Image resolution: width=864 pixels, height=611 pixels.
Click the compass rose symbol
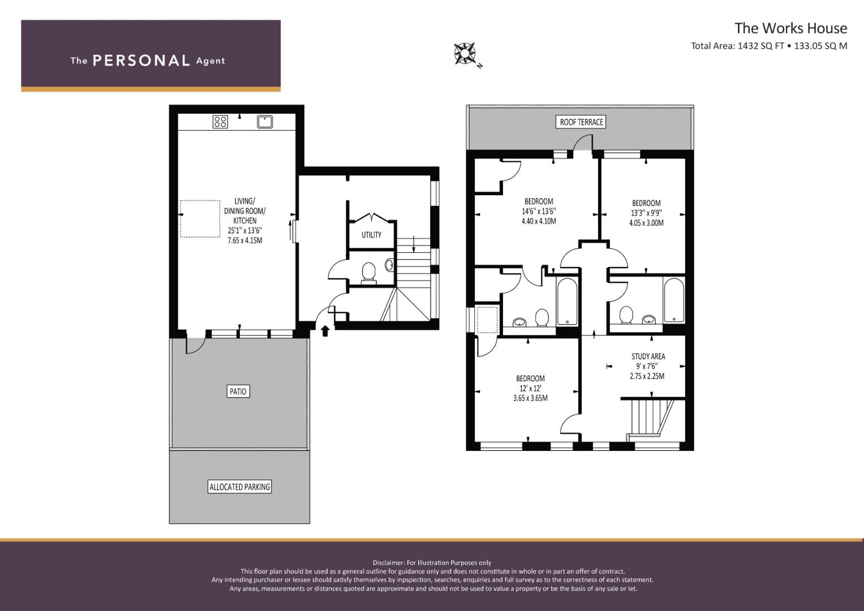click(x=465, y=53)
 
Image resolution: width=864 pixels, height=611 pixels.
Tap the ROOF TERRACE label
click(x=581, y=122)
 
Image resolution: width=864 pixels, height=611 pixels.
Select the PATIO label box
click(x=238, y=391)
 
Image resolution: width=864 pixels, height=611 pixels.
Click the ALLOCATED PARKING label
click(x=240, y=487)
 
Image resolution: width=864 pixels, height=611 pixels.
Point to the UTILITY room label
click(x=371, y=235)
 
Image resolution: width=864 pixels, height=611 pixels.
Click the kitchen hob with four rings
click(x=220, y=122)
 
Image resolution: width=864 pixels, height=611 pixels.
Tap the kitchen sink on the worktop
click(x=265, y=122)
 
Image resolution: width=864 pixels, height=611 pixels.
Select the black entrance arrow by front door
click(x=325, y=330)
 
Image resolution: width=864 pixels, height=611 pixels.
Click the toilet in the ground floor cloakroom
click(x=368, y=272)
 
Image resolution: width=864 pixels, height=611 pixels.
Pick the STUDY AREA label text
click(x=648, y=356)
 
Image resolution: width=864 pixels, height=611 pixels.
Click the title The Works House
click(x=790, y=28)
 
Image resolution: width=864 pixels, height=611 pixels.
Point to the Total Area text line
click(x=768, y=46)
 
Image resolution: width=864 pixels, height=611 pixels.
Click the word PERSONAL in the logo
click(x=141, y=61)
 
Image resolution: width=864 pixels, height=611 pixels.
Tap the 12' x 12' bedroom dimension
click(x=530, y=388)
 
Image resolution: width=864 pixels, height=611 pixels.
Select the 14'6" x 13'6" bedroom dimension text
click(x=539, y=211)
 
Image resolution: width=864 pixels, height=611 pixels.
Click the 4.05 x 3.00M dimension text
click(x=646, y=223)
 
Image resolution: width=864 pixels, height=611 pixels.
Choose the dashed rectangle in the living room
click(x=200, y=218)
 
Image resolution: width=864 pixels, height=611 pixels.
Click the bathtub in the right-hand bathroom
click(x=673, y=300)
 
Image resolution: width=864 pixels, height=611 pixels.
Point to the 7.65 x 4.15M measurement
click(x=244, y=240)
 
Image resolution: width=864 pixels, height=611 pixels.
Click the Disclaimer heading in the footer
click(x=432, y=562)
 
